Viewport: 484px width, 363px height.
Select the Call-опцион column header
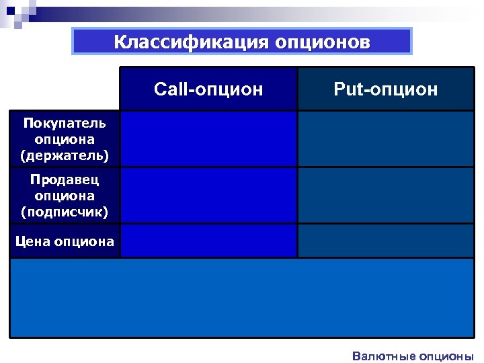coord(208,89)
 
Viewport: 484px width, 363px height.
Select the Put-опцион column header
coord(386,89)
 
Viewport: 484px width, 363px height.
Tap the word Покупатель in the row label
coord(65,123)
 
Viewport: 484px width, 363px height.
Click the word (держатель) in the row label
coord(65,157)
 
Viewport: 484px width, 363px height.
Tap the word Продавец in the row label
coord(65,179)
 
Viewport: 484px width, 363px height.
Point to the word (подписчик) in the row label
coord(65,213)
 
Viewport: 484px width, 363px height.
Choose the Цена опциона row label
coord(65,241)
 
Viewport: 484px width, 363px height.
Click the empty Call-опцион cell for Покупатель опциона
coord(208,138)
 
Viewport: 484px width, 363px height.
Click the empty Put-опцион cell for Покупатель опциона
coord(386,138)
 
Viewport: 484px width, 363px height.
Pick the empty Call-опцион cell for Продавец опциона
coord(208,196)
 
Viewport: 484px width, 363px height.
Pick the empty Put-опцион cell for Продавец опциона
coord(386,196)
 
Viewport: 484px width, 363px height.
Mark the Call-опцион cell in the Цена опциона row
coord(208,241)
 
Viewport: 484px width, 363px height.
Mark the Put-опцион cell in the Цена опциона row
coord(386,241)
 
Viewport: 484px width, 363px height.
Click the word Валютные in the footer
coord(382,356)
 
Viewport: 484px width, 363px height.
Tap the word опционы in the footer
coord(446,356)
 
